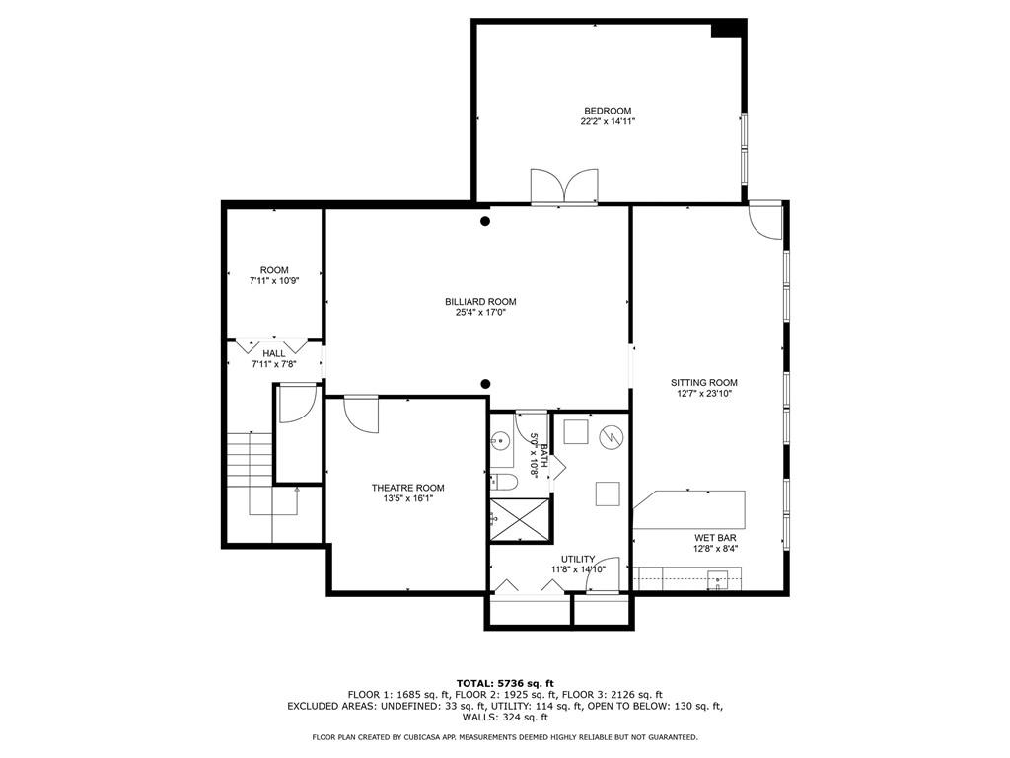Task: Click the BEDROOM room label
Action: (x=607, y=111)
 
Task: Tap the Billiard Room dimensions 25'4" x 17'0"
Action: (x=479, y=314)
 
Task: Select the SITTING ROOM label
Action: (x=703, y=382)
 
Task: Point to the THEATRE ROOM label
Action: (x=407, y=488)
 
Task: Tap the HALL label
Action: (x=273, y=353)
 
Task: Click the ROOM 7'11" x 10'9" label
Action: (x=274, y=270)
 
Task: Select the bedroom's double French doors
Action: (x=563, y=187)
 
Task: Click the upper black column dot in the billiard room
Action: (x=484, y=222)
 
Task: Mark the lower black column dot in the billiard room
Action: (x=484, y=384)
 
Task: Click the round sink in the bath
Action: (x=501, y=442)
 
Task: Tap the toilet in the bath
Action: (x=503, y=482)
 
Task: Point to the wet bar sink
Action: (x=721, y=579)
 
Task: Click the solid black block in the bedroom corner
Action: (x=727, y=29)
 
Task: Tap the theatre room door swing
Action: (x=363, y=413)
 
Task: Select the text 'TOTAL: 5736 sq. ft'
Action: (x=504, y=683)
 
